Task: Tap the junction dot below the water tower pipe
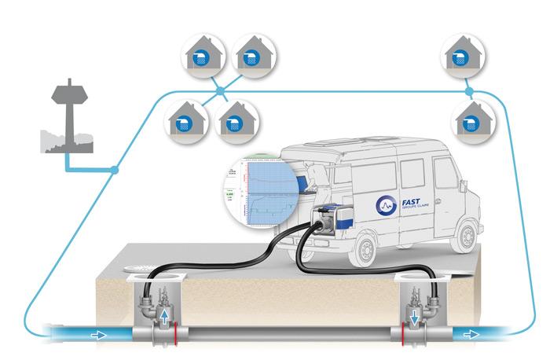tap(115, 169)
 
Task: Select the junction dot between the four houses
tap(221, 91)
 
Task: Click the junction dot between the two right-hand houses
tap(469, 92)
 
